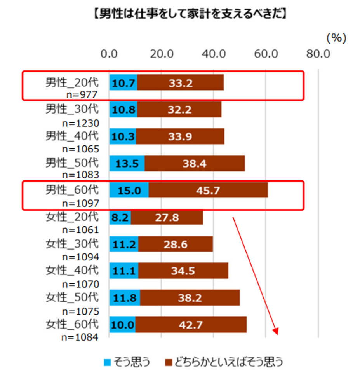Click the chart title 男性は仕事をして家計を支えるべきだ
(190, 13)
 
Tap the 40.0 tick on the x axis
(214, 54)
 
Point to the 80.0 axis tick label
(318, 54)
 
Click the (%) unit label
(336, 38)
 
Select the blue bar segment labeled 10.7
(123, 82)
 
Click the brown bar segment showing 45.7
(208, 190)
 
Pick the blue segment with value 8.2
(120, 217)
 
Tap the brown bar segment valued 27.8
(167, 217)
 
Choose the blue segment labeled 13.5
(127, 163)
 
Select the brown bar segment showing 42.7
(191, 325)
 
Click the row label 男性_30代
(72, 109)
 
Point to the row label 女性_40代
(72, 271)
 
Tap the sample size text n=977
(82, 94)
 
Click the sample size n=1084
(80, 337)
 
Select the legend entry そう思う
(127, 362)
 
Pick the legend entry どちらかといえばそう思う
(224, 362)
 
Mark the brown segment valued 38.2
(190, 298)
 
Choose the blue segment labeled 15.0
(129, 190)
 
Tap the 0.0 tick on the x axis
(109, 54)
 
